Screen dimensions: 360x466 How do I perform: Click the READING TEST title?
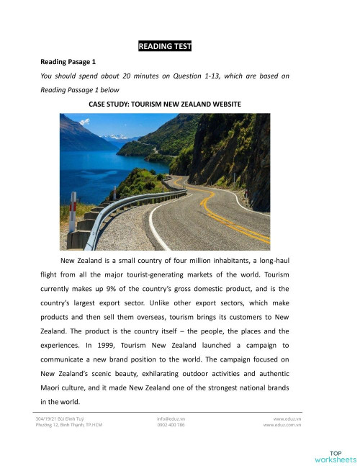(164, 47)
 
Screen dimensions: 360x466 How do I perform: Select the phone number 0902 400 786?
(171, 425)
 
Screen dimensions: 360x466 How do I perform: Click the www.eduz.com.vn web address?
(282, 425)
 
